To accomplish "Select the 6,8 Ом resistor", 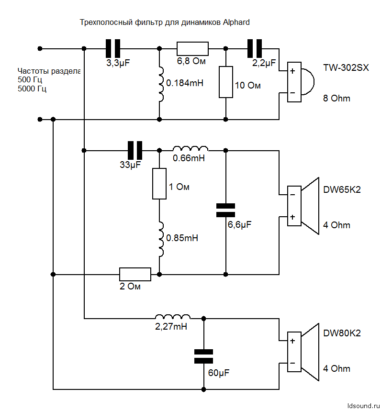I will tap(192, 48).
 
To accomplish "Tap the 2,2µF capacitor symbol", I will tap(255, 48).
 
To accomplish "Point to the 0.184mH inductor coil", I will tap(159, 84).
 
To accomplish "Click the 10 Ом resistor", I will tap(225, 82).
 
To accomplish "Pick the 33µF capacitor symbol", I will tap(134, 150).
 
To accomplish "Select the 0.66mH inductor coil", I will tap(190, 148).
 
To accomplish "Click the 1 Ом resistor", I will tap(159, 184).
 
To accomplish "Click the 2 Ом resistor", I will tap(135, 274).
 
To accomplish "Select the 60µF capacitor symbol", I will tap(204, 356).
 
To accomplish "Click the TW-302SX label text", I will tap(346, 68).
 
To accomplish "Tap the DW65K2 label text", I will tap(342, 190).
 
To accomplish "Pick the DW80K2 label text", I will tap(342, 333).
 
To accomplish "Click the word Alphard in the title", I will tap(236, 22).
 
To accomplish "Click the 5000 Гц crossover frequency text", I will tap(32, 89).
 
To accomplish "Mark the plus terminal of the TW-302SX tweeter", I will tap(292, 71).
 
